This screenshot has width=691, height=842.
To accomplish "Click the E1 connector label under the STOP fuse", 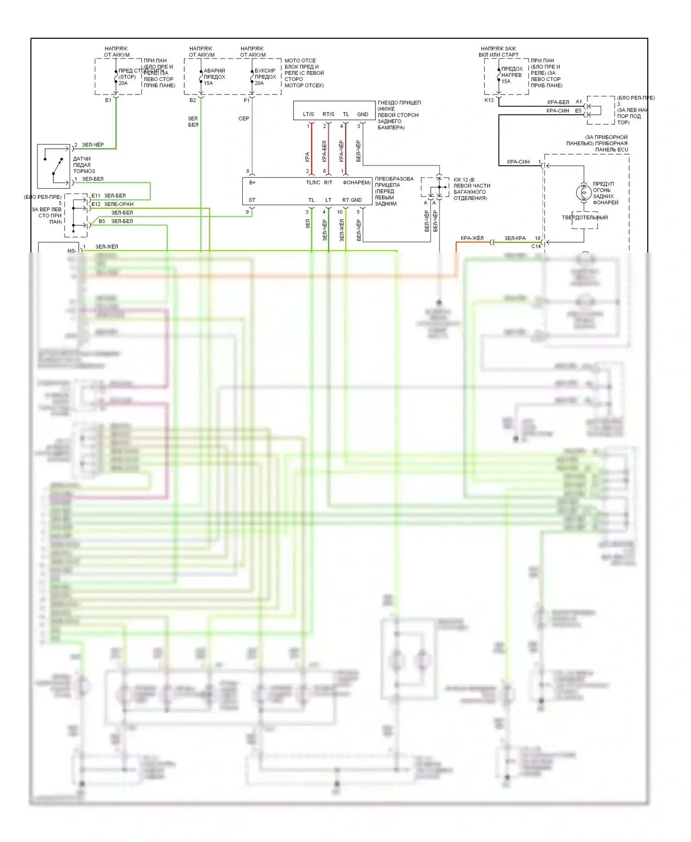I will pyautogui.click(x=108, y=100).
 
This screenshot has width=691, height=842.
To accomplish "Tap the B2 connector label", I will pyautogui.click(x=193, y=100).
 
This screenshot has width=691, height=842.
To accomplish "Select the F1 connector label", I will pyautogui.click(x=246, y=100).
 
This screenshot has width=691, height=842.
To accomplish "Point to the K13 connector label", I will pyautogui.click(x=489, y=100).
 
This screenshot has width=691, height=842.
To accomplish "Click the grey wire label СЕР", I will pyautogui.click(x=244, y=119).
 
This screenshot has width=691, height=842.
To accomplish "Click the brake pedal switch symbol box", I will pyautogui.click(x=53, y=166).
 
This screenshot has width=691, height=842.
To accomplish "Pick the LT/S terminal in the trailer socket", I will pyautogui.click(x=308, y=114).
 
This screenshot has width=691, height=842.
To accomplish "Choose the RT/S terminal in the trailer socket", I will pyautogui.click(x=328, y=114).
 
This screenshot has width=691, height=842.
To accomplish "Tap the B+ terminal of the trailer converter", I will pyautogui.click(x=252, y=183).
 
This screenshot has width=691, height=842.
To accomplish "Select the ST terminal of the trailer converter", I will pyautogui.click(x=252, y=200).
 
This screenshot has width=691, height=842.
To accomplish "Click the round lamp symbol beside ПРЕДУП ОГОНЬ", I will pyautogui.click(x=584, y=193).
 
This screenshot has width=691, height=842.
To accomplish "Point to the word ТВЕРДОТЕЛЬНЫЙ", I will pyautogui.click(x=585, y=218).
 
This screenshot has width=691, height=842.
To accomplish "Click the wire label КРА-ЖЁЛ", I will pyautogui.click(x=472, y=238).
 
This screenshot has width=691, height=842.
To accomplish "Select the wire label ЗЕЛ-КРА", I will pyautogui.click(x=515, y=238).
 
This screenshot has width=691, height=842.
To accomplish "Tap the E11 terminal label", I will pyautogui.click(x=96, y=196).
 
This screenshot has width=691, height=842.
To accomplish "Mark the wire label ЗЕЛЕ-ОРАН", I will pyautogui.click(x=119, y=204).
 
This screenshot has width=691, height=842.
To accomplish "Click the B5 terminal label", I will pyautogui.click(x=102, y=221).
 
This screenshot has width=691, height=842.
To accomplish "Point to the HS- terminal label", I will pyautogui.click(x=71, y=251).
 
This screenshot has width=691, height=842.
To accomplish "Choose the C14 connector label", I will pyautogui.click(x=536, y=246).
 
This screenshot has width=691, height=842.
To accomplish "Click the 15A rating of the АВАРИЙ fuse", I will pyautogui.click(x=208, y=83).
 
